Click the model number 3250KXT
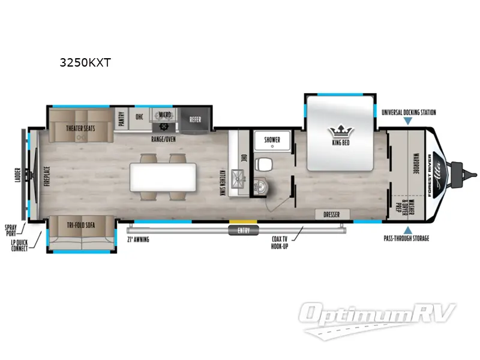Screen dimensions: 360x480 click(85, 63)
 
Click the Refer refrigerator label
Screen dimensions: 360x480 click(195, 119)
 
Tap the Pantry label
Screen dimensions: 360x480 click(121, 118)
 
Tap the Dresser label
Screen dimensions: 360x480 click(331, 215)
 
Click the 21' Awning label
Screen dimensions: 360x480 click(138, 239)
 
